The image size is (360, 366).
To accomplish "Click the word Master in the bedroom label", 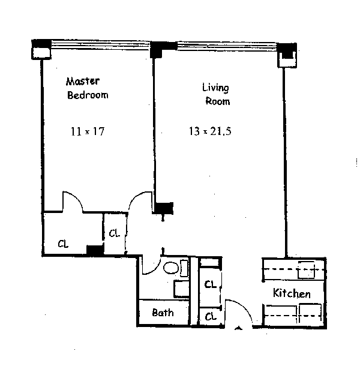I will coord(82,81).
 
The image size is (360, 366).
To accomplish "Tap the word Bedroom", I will coord(88,95).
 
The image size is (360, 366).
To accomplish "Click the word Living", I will coord(215,88).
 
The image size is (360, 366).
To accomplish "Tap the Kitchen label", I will coord(292,294).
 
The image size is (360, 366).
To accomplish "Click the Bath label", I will coord(163,313).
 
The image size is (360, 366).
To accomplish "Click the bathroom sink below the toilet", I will coord(182,289).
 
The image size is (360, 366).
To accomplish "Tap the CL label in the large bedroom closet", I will coord(63,244).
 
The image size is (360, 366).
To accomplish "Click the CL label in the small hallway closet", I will coord(114,233).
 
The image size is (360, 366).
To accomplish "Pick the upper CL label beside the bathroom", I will coord(210,284).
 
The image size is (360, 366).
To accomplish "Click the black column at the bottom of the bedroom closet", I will coord(94,250).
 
